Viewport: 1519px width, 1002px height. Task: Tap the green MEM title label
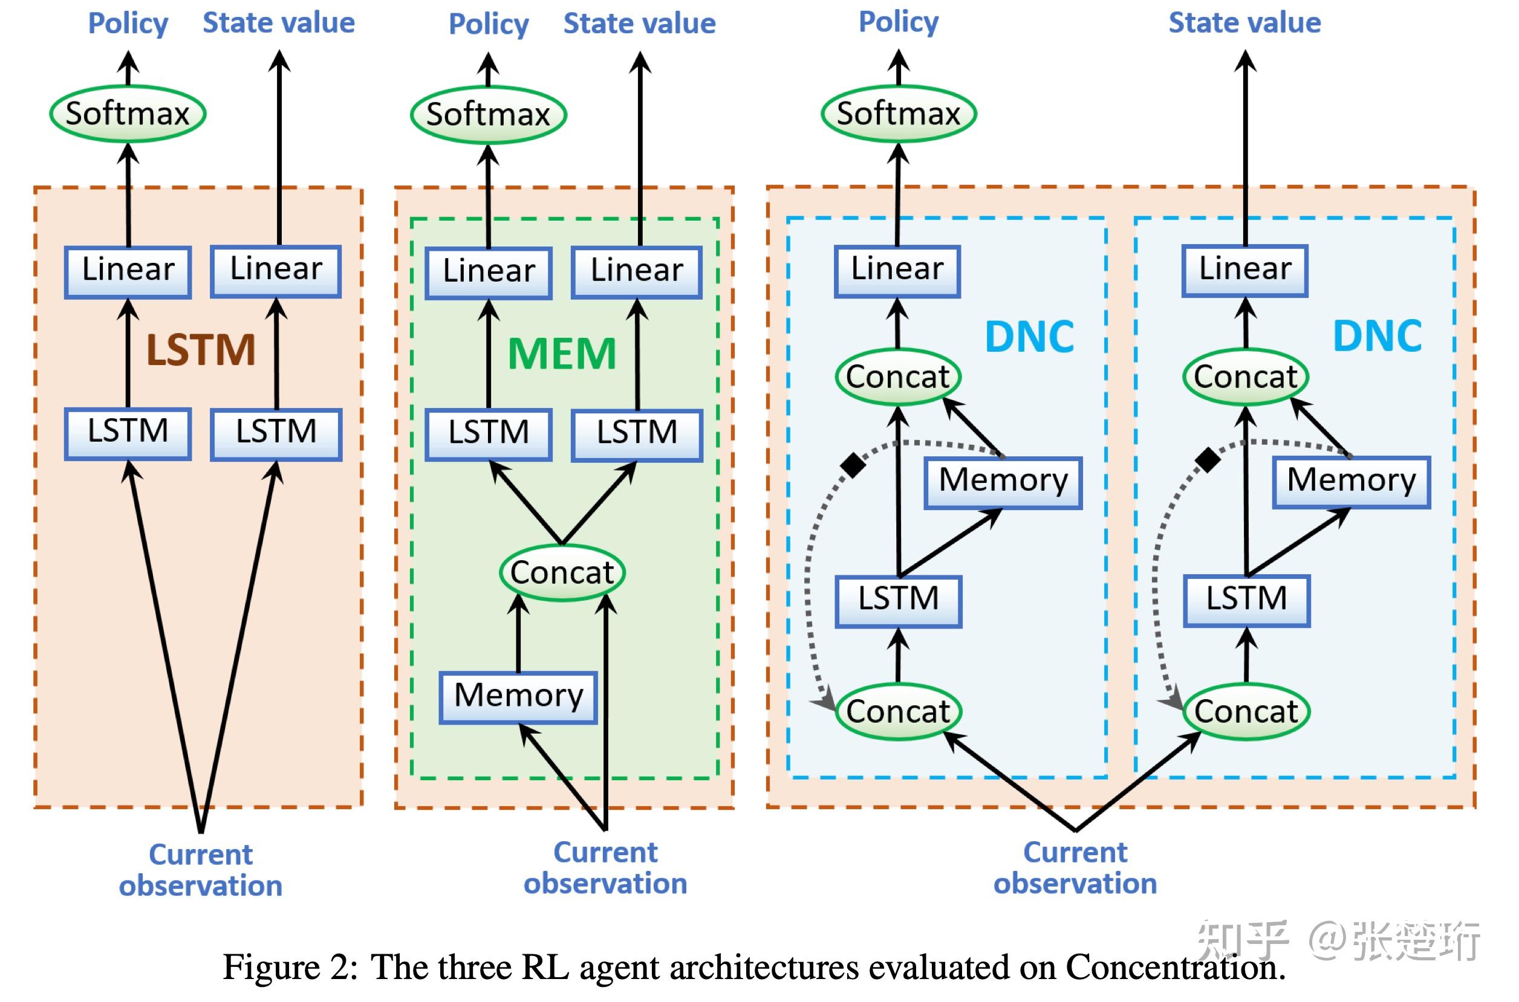pyautogui.click(x=562, y=354)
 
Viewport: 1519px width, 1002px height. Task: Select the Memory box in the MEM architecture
pyautogui.click(x=518, y=696)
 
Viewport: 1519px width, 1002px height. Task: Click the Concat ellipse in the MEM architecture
pyautogui.click(x=562, y=572)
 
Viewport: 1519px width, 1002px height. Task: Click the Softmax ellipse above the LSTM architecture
pyautogui.click(x=128, y=114)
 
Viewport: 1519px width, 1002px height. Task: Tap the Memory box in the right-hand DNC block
pyautogui.click(x=1351, y=480)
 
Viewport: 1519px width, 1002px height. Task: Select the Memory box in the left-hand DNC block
pyautogui.click(x=1003, y=481)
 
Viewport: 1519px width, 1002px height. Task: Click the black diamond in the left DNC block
pyautogui.click(x=853, y=465)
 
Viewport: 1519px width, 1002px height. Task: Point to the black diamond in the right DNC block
pyautogui.click(x=1207, y=459)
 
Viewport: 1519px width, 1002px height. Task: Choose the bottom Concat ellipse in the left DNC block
pyautogui.click(x=898, y=711)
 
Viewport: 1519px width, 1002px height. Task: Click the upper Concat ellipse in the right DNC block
pyautogui.click(x=1246, y=377)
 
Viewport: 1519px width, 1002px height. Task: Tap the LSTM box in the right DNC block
pyautogui.click(x=1247, y=600)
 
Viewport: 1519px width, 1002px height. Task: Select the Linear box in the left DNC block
pyautogui.click(x=897, y=270)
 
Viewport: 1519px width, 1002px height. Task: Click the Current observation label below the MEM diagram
pyautogui.click(x=605, y=868)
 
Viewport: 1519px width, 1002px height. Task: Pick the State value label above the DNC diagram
pyautogui.click(x=1244, y=23)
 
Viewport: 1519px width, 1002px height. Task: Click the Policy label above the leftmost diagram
pyautogui.click(x=128, y=24)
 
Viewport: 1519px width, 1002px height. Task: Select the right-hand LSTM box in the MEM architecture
pyautogui.click(x=637, y=433)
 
